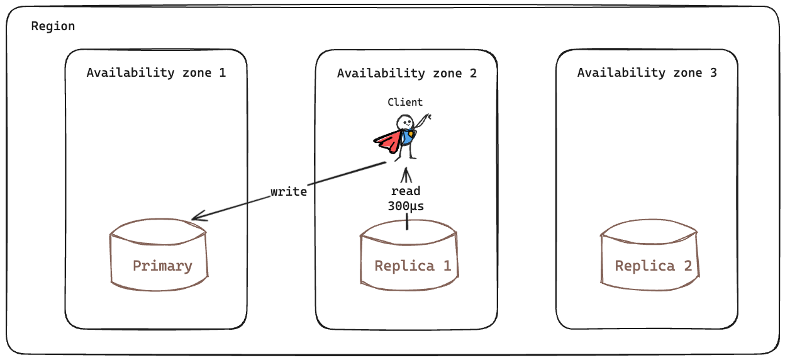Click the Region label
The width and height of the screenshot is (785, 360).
(53, 26)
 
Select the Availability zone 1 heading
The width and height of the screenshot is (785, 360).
(156, 72)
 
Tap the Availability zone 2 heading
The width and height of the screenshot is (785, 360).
(406, 73)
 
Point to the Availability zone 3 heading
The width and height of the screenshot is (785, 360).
(647, 72)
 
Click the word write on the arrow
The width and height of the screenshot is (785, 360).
(289, 191)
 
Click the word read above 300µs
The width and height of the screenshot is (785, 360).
(405, 191)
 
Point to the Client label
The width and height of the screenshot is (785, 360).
(405, 102)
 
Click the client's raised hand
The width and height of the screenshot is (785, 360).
(429, 117)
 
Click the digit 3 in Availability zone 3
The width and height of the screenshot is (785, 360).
(713, 72)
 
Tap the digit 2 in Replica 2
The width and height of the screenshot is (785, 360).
(688, 266)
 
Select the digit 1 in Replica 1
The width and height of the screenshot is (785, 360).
(447, 266)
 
